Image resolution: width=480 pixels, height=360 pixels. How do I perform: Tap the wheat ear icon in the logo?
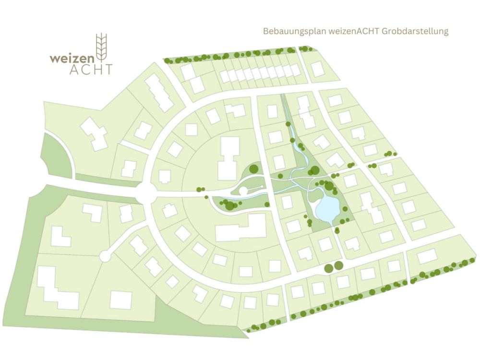101,46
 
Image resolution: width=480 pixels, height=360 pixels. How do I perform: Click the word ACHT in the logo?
91,70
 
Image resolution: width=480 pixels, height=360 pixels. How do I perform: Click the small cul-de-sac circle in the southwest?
105,256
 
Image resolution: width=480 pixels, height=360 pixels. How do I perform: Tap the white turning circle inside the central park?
243,191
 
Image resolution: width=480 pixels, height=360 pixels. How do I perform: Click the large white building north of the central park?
228,158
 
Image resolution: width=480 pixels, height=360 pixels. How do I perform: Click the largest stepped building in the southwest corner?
57,288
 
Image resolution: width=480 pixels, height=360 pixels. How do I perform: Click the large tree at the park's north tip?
315,170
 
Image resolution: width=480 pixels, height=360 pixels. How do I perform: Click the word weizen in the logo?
72,58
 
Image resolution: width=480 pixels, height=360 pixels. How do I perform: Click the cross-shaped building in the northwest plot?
95,133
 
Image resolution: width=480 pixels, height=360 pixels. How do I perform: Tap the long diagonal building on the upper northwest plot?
159,93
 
